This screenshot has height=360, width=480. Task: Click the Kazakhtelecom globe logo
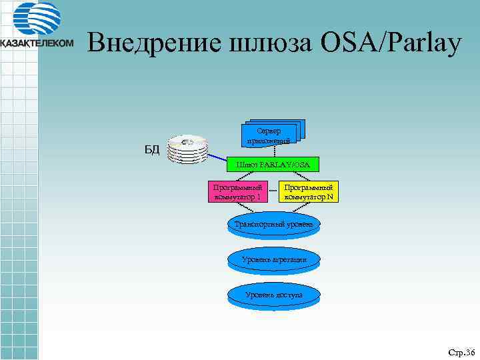[x=37, y=20]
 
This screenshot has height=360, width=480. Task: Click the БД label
[x=153, y=149]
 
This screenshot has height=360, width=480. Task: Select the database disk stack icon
[x=187, y=149]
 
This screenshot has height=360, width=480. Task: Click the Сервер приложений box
[x=269, y=135]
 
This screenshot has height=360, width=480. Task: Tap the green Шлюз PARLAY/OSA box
[x=272, y=164]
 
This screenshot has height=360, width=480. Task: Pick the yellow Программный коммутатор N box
[x=309, y=192]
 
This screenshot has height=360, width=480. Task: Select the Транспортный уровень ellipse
[x=273, y=225]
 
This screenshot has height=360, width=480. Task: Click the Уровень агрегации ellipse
[x=273, y=259]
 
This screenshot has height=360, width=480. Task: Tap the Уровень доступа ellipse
[x=273, y=295]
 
